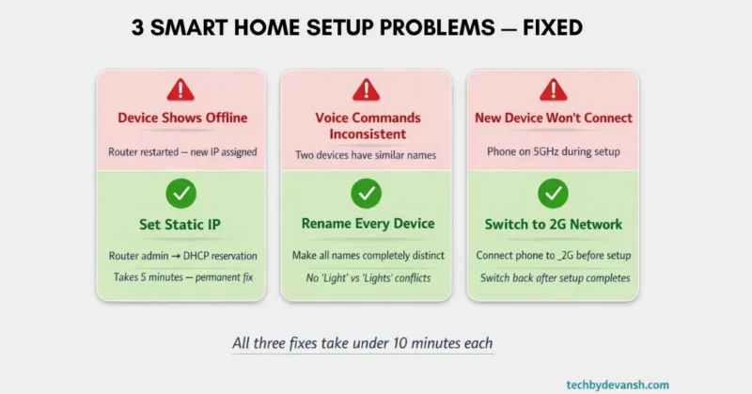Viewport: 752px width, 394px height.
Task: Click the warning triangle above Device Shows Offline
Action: click(x=180, y=90)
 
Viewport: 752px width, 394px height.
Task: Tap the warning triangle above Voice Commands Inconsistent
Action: click(x=367, y=90)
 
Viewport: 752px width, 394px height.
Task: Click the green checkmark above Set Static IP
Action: click(x=180, y=195)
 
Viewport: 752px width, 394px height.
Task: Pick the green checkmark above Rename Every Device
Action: click(x=367, y=195)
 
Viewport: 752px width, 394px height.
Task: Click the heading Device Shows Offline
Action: click(x=181, y=118)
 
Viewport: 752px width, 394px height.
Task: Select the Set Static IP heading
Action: click(x=180, y=225)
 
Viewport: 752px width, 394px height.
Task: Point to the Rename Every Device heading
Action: click(x=367, y=224)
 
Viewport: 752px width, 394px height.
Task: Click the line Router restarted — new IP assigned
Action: click(x=180, y=150)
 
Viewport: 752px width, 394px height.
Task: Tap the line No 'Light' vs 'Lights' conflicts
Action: click(x=367, y=277)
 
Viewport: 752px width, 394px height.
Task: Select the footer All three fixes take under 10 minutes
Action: click(x=363, y=343)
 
